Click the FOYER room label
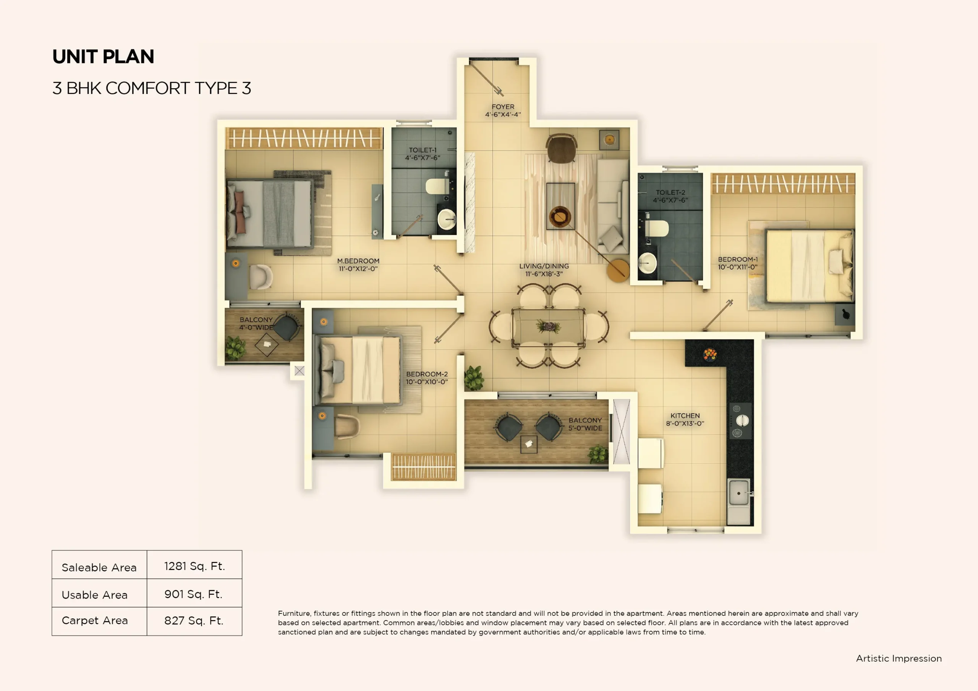click(x=503, y=107)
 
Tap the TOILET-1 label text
click(x=422, y=150)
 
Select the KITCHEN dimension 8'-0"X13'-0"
click(x=685, y=424)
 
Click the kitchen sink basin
click(x=738, y=493)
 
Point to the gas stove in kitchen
click(x=740, y=421)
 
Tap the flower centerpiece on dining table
click(x=548, y=326)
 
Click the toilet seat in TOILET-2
click(x=657, y=229)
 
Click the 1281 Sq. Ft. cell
click(x=194, y=566)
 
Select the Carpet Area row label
click(x=95, y=621)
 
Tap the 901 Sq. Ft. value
click(x=193, y=594)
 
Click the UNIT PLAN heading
click(x=103, y=57)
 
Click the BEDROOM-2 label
click(x=427, y=374)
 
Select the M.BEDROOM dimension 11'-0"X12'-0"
click(x=358, y=269)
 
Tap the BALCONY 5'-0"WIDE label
click(x=585, y=424)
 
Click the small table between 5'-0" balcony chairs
click(x=529, y=444)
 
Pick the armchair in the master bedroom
click(x=261, y=277)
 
